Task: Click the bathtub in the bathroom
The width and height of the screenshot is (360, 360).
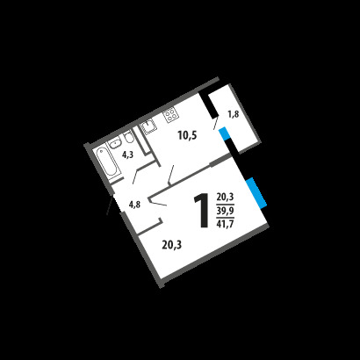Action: coord(108,162)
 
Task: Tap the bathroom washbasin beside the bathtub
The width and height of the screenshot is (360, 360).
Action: coord(114,142)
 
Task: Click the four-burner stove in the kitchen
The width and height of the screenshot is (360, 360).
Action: coord(170,114)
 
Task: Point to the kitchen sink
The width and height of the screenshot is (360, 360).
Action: coord(148,126)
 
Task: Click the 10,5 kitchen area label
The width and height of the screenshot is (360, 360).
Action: coord(187,135)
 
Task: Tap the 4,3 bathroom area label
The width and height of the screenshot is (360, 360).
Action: coord(127,155)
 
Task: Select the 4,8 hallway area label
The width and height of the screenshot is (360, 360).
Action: coord(134,204)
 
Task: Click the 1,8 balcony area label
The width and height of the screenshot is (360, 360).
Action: coord(234,114)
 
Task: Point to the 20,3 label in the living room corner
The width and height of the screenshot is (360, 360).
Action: coord(172,244)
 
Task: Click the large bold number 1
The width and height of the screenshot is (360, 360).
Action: coord(201,210)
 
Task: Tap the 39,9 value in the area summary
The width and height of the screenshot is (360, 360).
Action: coord(225,211)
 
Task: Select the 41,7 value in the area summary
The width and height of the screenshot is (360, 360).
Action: coord(225,224)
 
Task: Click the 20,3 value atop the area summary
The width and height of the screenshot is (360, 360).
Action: coord(225,198)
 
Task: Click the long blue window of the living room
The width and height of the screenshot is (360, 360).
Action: coord(256,193)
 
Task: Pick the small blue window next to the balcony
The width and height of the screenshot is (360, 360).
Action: coord(224,134)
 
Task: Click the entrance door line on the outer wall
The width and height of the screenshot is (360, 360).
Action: coord(109,205)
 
